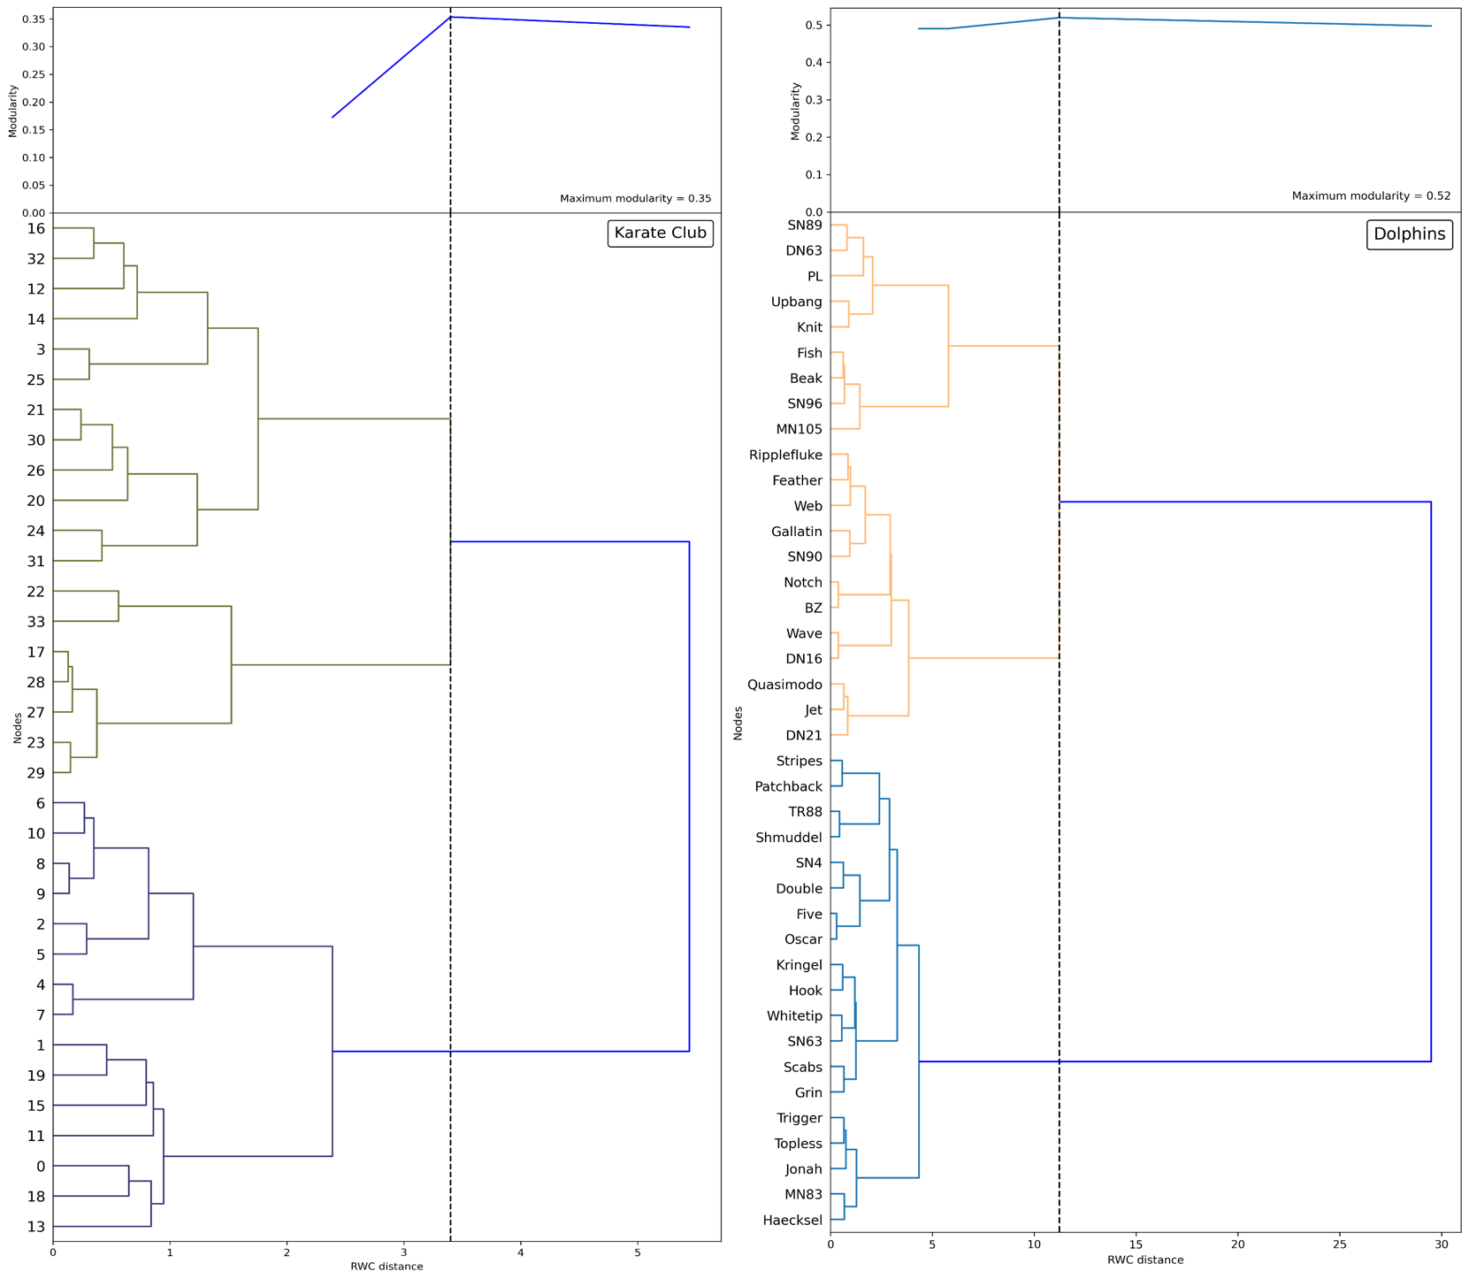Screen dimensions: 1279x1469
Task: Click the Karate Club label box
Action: click(x=660, y=234)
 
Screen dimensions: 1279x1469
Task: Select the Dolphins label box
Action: click(x=1409, y=234)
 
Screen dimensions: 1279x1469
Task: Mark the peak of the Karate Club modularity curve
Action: click(x=450, y=17)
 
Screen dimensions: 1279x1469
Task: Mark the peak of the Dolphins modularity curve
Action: click(x=1060, y=18)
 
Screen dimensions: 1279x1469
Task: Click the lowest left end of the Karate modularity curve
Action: click(x=333, y=117)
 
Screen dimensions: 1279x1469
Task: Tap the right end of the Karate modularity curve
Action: click(x=689, y=27)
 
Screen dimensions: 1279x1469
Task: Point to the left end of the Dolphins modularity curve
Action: click(x=919, y=28)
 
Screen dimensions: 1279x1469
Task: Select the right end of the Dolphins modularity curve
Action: click(x=1431, y=26)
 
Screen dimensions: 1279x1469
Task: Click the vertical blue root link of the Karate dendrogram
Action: click(x=689, y=796)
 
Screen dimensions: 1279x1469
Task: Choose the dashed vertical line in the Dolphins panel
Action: click(x=1060, y=1150)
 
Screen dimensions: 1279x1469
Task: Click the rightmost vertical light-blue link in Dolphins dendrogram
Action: click(x=919, y=1061)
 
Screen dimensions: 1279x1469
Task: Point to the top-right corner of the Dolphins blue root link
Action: click(x=1431, y=502)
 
